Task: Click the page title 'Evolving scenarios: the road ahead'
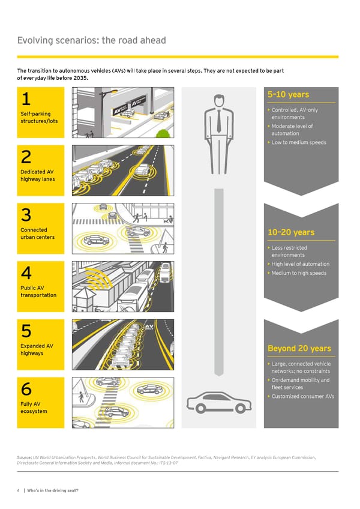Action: [x=92, y=41]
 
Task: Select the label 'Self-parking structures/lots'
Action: [x=35, y=118]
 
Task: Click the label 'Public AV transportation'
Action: [x=38, y=292]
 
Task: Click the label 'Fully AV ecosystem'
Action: [x=32, y=408]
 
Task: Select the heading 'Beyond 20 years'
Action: [x=299, y=349]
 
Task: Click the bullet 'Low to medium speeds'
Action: [x=298, y=142]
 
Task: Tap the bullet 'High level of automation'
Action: [x=300, y=264]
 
